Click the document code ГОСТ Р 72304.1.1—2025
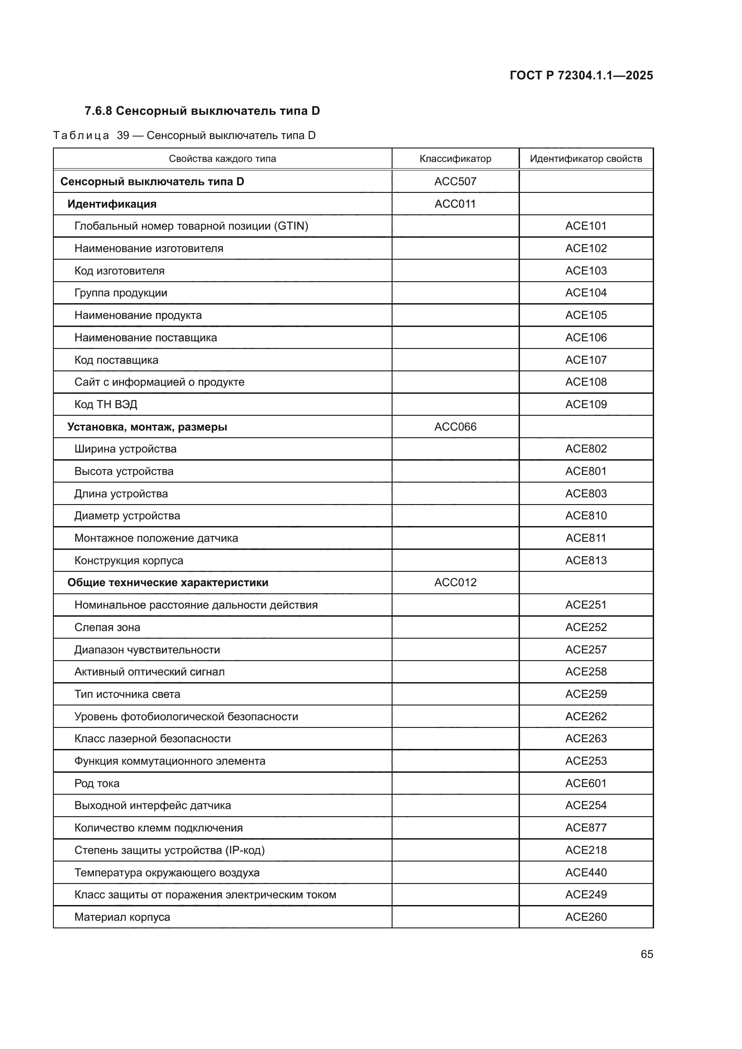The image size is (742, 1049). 581,75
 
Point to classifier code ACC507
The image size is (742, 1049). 455,181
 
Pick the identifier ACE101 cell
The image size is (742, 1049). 586,226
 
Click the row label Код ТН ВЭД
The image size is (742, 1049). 105,405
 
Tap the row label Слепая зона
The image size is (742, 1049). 107,627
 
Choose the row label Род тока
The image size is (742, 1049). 97,783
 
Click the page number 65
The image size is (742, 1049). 646,954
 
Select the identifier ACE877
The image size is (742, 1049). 586,828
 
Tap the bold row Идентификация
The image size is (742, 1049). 112,204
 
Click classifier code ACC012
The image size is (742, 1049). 455,583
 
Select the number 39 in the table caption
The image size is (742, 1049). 123,136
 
